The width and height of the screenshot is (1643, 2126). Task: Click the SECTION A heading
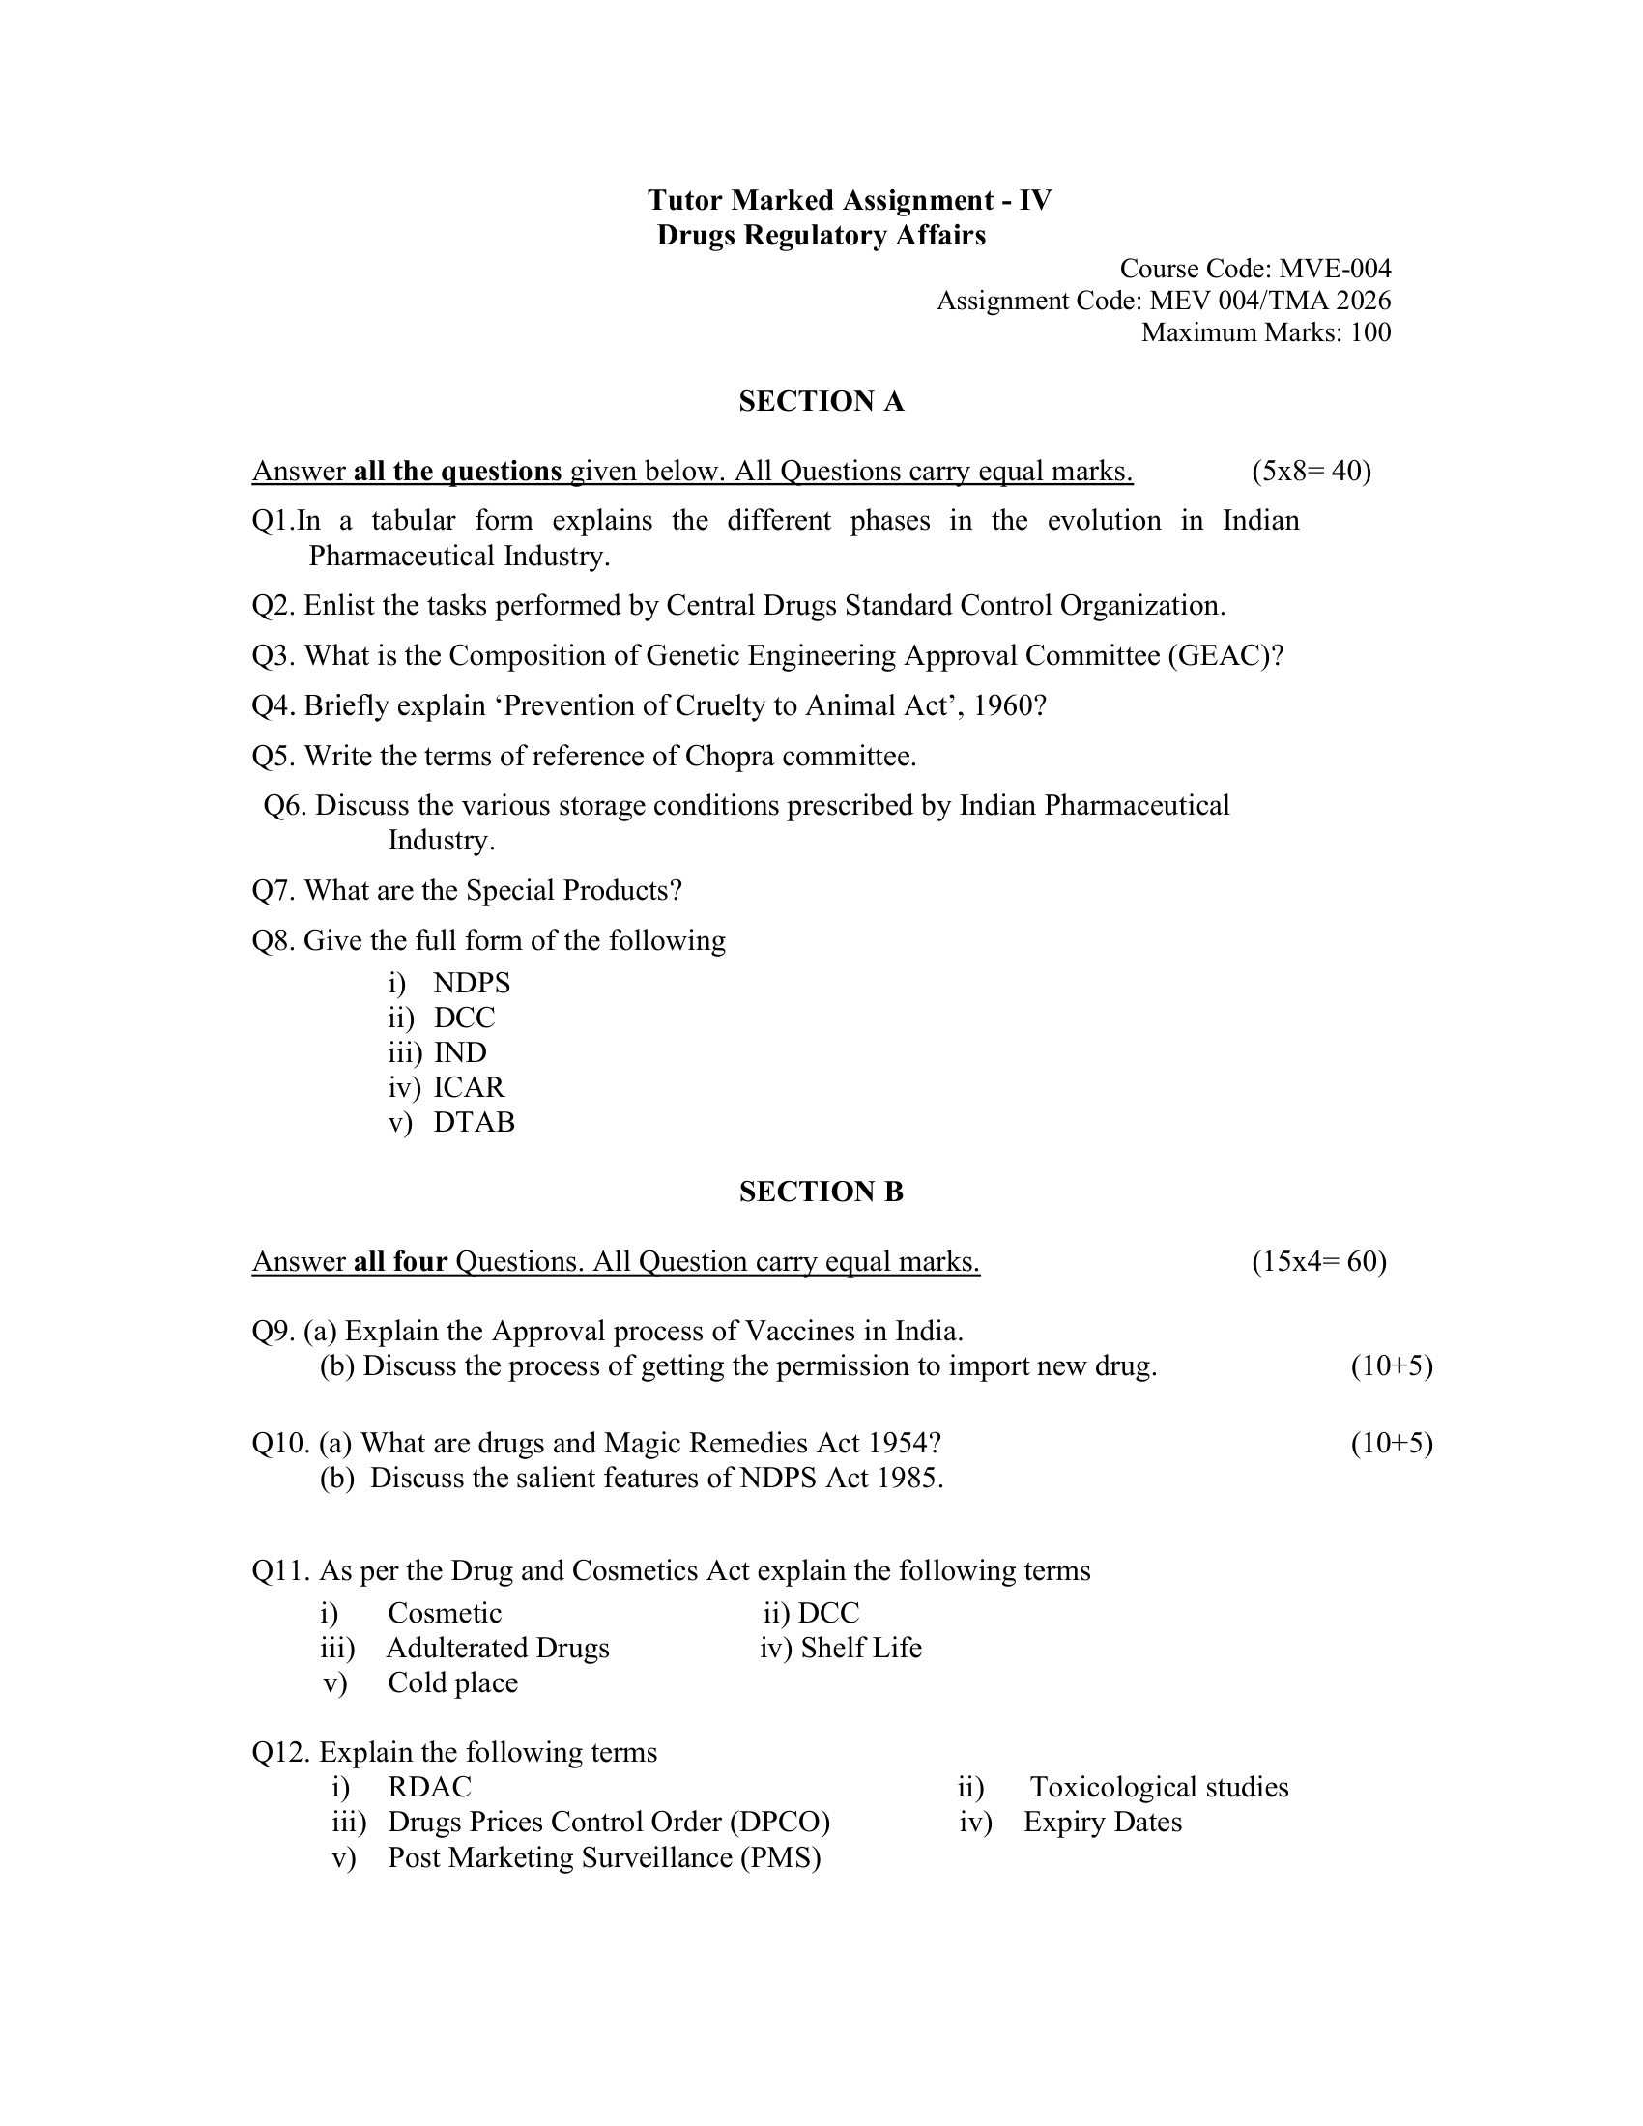821,401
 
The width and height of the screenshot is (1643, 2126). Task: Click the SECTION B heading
821,1192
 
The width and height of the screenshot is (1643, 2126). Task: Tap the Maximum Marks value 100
1370,333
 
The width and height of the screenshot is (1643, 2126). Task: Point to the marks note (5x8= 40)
1312,472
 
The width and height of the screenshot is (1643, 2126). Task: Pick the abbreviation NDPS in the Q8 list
472,983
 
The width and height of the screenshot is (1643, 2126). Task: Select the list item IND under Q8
460,1052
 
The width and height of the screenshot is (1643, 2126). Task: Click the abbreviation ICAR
469,1087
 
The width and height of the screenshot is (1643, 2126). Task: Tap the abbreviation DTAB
474,1122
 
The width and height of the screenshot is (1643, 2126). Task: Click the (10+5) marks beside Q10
1391,1443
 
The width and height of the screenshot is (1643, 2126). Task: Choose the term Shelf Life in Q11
860,1648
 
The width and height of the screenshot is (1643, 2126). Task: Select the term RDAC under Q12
429,1787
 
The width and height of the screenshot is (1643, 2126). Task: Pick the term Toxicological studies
1159,1787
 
